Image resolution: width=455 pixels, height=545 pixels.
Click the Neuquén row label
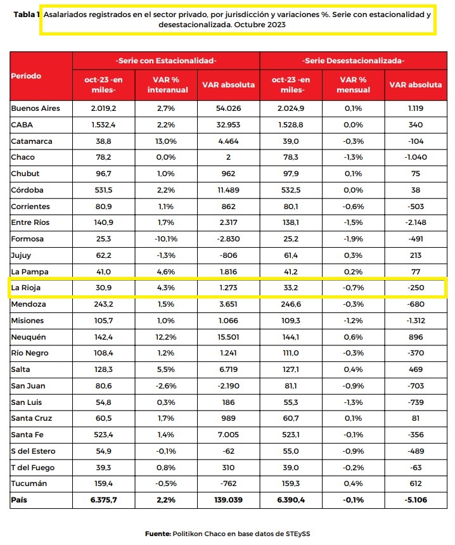28,337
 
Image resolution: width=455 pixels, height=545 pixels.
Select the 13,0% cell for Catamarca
166,141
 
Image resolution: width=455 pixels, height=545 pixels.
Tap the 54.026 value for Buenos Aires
228,108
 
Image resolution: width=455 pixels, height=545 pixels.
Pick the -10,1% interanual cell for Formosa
166,239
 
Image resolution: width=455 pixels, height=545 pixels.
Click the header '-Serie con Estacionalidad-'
166,61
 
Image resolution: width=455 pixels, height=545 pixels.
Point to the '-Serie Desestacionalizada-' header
353,61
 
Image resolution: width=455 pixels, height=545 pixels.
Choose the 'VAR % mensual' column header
353,85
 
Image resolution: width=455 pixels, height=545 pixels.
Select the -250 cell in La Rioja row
416,288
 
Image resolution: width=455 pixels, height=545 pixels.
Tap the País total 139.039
228,500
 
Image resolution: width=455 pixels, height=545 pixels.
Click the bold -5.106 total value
416,500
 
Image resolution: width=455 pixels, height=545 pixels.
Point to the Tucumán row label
29,484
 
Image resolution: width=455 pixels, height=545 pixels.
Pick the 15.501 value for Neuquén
228,337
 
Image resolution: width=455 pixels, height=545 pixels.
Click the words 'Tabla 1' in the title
27,15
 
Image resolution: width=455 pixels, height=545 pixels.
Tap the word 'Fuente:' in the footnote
158,534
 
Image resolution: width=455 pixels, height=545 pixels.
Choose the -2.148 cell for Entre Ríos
416,222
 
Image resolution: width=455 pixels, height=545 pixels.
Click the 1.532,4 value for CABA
103,125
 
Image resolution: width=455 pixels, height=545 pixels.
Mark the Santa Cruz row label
32,418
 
